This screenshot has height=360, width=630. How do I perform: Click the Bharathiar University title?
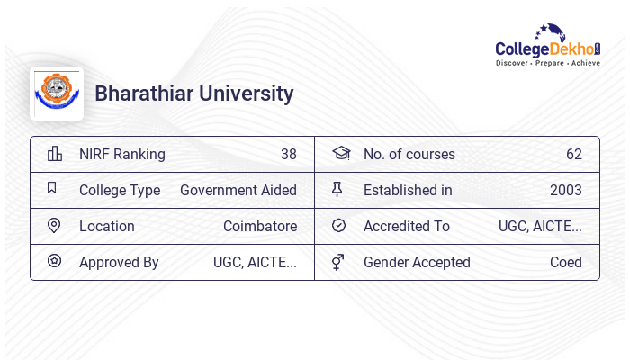(194, 94)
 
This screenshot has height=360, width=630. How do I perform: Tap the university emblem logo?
(57, 94)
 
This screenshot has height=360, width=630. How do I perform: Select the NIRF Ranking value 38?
(288, 154)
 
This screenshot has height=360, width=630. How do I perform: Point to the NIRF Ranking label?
(122, 154)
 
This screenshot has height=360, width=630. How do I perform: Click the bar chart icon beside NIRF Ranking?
(54, 154)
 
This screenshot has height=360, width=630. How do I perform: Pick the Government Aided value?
(238, 190)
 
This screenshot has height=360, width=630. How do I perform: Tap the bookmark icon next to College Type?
(52, 189)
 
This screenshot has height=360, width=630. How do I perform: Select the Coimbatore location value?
(260, 226)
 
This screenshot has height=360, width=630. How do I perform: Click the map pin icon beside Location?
(53, 226)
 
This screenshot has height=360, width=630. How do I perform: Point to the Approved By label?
(119, 262)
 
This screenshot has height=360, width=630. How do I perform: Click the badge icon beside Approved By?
(54, 262)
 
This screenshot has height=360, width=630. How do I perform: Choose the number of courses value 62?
(574, 154)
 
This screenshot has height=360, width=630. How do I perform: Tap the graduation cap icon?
(340, 154)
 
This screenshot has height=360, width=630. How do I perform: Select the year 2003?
(566, 190)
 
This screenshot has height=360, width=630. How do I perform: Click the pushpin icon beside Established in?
(338, 190)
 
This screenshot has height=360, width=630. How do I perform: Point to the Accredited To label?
(407, 226)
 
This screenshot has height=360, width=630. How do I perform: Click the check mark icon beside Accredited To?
(338, 226)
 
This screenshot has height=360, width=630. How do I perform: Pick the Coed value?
(566, 262)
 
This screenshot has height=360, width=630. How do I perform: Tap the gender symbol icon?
(338, 262)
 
